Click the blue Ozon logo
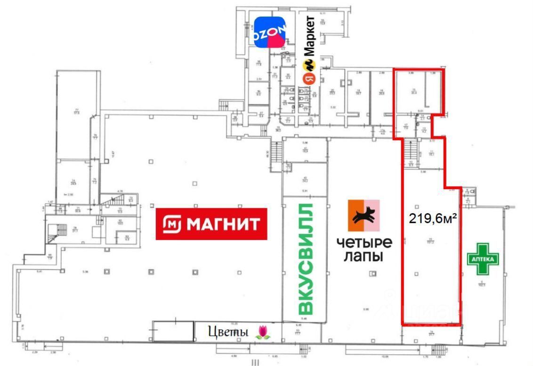point(269,32)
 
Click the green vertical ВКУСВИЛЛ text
point(306,259)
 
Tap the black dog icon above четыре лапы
point(363,216)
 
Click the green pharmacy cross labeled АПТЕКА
point(483,259)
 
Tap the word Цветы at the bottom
point(228,332)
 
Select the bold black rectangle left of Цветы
point(173,331)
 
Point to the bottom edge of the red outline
point(430,324)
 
